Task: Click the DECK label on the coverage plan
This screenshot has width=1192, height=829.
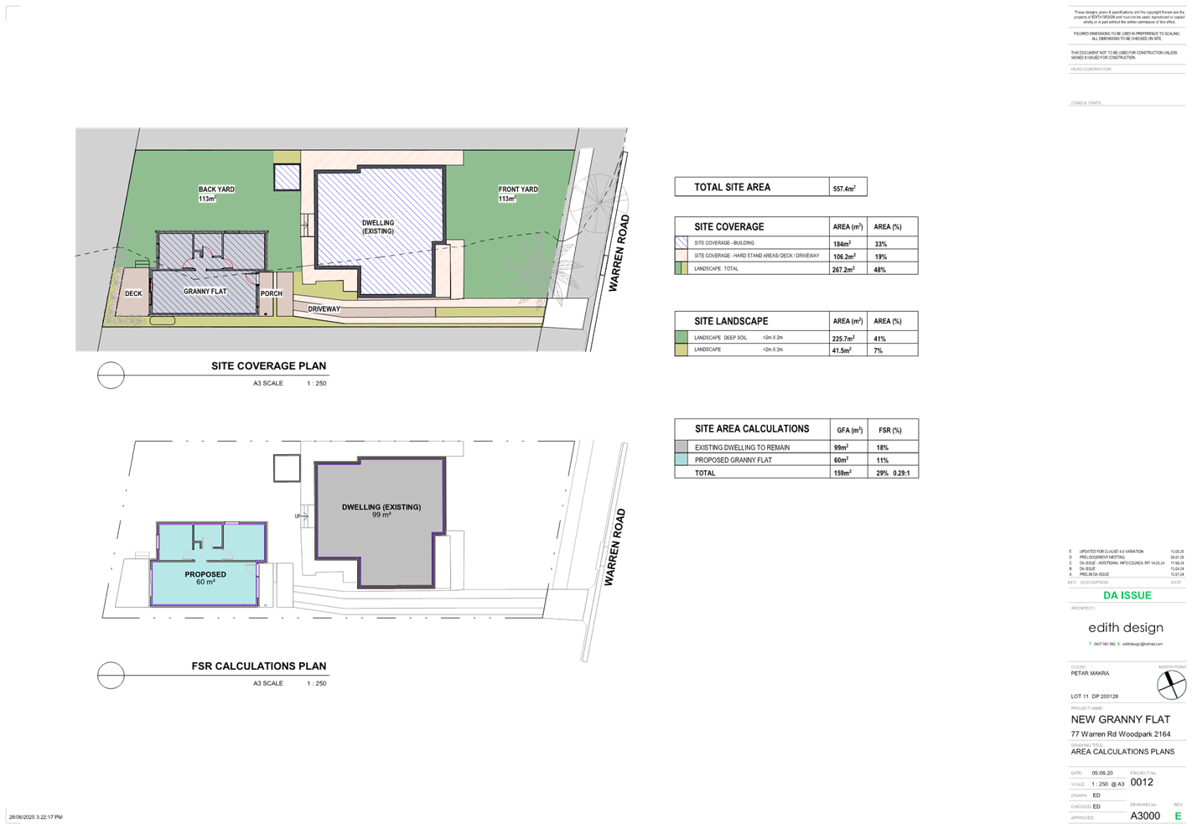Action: [133, 294]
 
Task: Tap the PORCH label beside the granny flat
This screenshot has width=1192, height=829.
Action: [271, 294]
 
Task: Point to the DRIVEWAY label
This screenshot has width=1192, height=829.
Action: [324, 309]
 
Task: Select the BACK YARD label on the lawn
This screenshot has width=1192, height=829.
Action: [216, 190]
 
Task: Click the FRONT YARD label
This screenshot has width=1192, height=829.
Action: [517, 190]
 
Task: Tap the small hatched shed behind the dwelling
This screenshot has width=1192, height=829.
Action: [287, 177]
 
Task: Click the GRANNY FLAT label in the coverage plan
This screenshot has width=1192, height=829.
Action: [205, 292]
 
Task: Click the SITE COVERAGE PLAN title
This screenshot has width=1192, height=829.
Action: [268, 366]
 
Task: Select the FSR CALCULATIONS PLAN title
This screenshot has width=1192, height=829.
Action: [259, 666]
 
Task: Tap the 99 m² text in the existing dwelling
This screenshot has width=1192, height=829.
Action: [381, 516]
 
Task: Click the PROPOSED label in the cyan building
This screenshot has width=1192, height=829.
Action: [205, 575]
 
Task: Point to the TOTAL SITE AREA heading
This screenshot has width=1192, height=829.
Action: [732, 188]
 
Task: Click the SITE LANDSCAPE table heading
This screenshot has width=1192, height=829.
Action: [731, 321]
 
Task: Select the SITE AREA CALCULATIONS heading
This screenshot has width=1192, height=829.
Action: [752, 429]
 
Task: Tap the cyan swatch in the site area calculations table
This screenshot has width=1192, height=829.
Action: [682, 460]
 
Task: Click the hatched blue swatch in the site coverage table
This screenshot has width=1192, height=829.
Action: [682, 242]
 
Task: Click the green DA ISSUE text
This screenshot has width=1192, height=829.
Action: [1127, 595]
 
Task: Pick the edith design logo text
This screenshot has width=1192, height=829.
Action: [1125, 628]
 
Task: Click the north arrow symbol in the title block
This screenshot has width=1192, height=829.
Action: [1171, 686]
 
